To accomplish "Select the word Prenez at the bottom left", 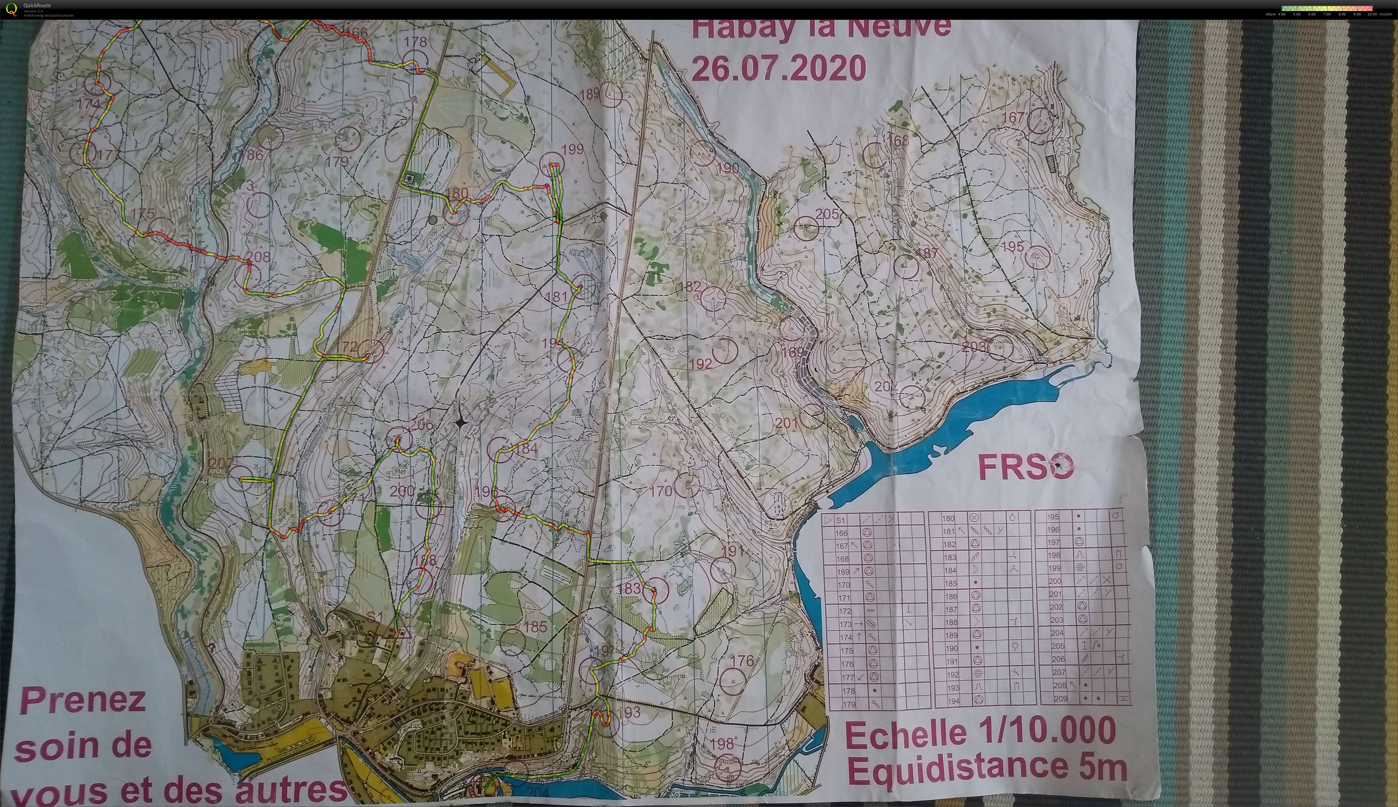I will pyautogui.click(x=83, y=701).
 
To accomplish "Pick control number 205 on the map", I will pyautogui.click(x=827, y=214).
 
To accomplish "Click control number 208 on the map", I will pyautogui.click(x=258, y=257).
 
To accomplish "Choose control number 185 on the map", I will pyautogui.click(x=535, y=627).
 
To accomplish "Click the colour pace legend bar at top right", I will pyautogui.click(x=1327, y=8).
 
